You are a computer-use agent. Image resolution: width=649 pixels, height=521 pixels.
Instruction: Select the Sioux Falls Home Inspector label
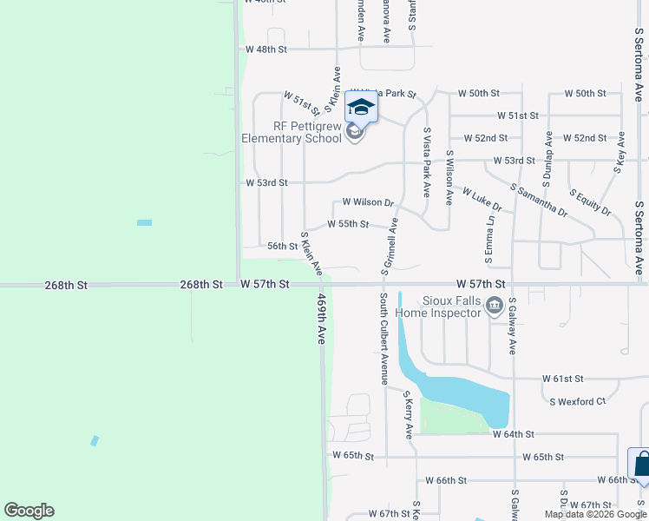(439, 305)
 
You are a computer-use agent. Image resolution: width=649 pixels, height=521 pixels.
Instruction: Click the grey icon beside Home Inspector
(495, 305)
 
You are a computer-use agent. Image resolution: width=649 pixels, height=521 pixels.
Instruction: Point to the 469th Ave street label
(321, 319)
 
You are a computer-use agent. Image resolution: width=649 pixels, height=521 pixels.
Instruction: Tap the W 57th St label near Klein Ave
(264, 284)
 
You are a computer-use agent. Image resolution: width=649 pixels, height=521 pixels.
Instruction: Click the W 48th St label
(265, 49)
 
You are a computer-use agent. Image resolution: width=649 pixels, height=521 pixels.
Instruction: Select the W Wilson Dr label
(368, 202)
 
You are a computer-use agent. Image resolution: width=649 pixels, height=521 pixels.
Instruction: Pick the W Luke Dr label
(482, 200)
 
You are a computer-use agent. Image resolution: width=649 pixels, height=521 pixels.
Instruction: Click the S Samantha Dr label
(539, 200)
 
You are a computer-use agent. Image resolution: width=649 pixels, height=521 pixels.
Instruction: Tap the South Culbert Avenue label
(383, 338)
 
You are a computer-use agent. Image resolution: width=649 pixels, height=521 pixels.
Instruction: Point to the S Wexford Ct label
(577, 401)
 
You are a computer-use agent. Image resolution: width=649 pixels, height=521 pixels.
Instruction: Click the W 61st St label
(564, 379)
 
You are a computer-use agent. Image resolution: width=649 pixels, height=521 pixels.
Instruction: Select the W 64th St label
(513, 433)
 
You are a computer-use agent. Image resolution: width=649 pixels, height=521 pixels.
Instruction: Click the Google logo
(29, 511)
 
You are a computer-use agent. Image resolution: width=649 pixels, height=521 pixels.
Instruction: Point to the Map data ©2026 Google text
(593, 514)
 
